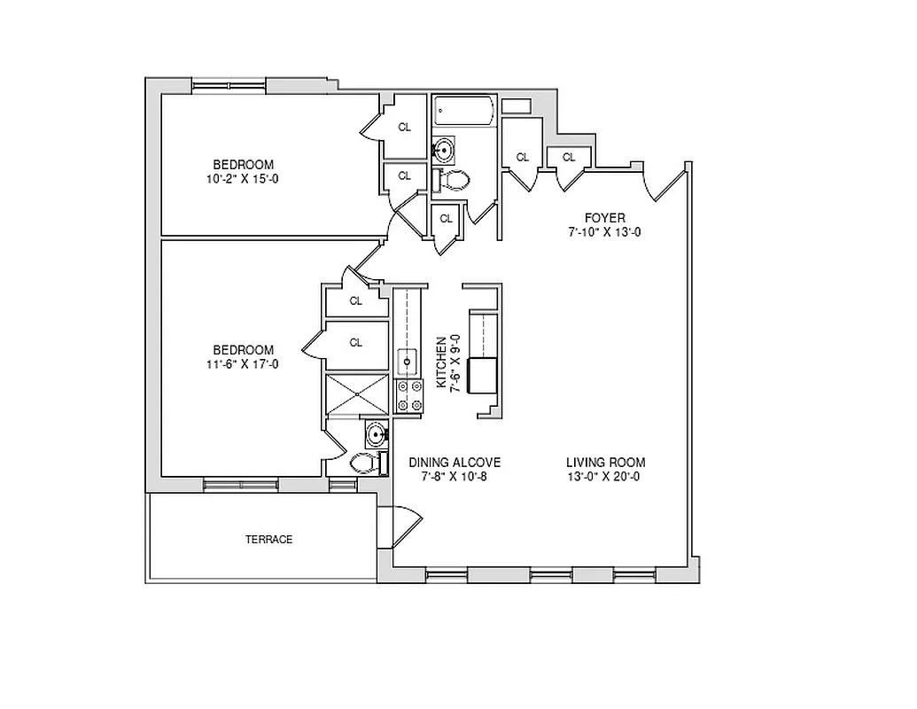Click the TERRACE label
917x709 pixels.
pyautogui.click(x=268, y=539)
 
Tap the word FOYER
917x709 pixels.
pyautogui.click(x=604, y=218)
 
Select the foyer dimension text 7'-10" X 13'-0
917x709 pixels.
pyautogui.click(x=604, y=232)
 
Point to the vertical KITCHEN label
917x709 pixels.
pyautogui.click(x=440, y=362)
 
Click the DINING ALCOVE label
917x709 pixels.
pyautogui.click(x=455, y=463)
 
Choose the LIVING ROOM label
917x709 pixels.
pyautogui.click(x=606, y=463)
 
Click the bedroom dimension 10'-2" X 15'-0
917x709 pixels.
pyautogui.click(x=243, y=178)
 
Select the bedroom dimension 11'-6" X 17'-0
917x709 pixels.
pyautogui.click(x=243, y=363)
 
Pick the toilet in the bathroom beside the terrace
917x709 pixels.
pyautogui.click(x=366, y=463)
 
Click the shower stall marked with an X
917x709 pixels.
pyautogui.click(x=357, y=393)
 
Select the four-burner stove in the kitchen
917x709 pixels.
pyautogui.click(x=408, y=395)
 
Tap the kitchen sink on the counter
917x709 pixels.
pyautogui.click(x=408, y=361)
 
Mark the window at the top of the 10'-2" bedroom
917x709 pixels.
pyautogui.click(x=229, y=86)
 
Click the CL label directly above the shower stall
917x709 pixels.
pyautogui.click(x=356, y=342)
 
